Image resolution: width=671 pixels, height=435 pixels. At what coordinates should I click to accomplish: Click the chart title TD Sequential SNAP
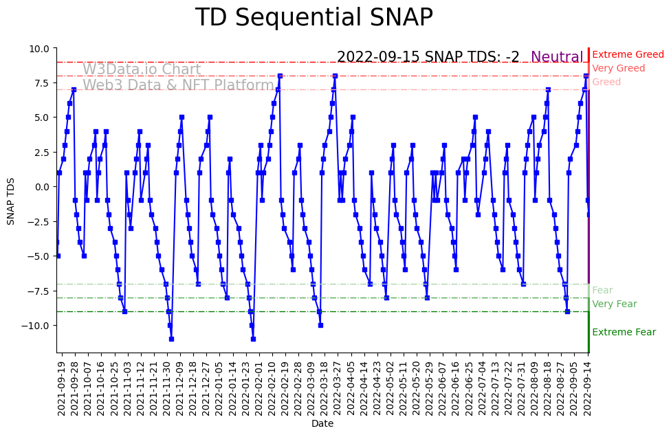click(313, 18)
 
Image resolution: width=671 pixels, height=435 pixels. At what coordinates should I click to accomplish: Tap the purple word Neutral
click(557, 57)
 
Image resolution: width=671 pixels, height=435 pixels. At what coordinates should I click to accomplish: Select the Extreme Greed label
click(628, 54)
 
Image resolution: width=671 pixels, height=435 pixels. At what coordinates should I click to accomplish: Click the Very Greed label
click(618, 68)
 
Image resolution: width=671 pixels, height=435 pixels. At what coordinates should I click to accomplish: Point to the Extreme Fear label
click(624, 332)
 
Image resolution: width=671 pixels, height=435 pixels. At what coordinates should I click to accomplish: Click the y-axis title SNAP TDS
click(10, 201)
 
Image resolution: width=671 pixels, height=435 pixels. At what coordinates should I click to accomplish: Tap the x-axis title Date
click(322, 424)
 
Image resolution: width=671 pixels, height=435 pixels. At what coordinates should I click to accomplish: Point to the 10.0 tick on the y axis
click(38, 49)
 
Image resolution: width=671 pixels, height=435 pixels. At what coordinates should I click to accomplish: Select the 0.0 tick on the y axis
click(41, 187)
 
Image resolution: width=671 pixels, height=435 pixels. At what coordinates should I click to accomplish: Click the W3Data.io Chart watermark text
click(142, 69)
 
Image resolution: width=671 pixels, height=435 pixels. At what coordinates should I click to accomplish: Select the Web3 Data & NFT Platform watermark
click(178, 85)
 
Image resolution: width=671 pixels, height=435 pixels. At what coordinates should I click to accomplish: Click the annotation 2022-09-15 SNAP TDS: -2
click(428, 57)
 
